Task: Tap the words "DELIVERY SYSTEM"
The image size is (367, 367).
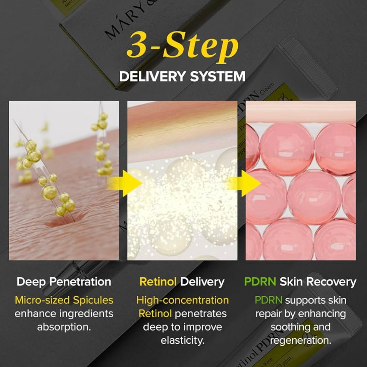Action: point(182,76)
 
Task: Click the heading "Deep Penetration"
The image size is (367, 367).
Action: point(64,282)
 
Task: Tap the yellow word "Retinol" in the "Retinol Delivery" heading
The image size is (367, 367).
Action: point(158,282)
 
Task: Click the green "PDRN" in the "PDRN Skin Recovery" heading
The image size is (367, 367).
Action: point(260,282)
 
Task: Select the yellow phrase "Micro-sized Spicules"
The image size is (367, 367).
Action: point(64,300)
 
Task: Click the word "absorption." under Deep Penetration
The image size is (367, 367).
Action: point(64,327)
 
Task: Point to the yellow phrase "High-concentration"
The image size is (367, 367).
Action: point(182,300)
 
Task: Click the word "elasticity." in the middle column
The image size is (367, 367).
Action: point(182,340)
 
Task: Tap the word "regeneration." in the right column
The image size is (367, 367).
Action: point(301,340)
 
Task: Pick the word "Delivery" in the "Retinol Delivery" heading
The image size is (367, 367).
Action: point(202,282)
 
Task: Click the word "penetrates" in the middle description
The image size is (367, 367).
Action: point(201,314)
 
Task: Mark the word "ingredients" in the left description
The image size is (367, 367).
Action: point(86,314)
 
